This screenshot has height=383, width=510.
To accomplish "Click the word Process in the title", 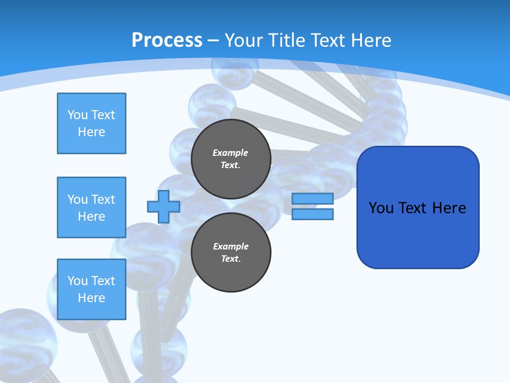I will (167, 40).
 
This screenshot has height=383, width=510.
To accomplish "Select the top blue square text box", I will (91, 123).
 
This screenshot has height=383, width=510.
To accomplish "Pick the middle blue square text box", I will (91, 207).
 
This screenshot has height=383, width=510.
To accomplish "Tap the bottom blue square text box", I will (91, 289).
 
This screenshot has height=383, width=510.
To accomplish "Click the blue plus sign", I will (163, 206).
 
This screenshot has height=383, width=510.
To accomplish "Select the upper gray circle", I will (231, 159).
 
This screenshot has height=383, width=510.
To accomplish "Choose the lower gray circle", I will (231, 252).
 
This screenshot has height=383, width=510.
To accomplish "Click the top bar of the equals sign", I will (312, 198).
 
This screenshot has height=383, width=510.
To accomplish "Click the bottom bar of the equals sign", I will (312, 214).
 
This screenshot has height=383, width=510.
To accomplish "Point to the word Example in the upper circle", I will (230, 153).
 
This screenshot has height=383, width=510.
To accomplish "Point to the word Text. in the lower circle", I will (231, 259).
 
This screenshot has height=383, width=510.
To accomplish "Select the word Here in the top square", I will (91, 132).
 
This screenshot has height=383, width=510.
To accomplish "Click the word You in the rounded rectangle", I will (381, 208).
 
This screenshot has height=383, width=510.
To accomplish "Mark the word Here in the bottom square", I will (91, 298).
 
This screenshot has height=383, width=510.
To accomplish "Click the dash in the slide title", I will (214, 40).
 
